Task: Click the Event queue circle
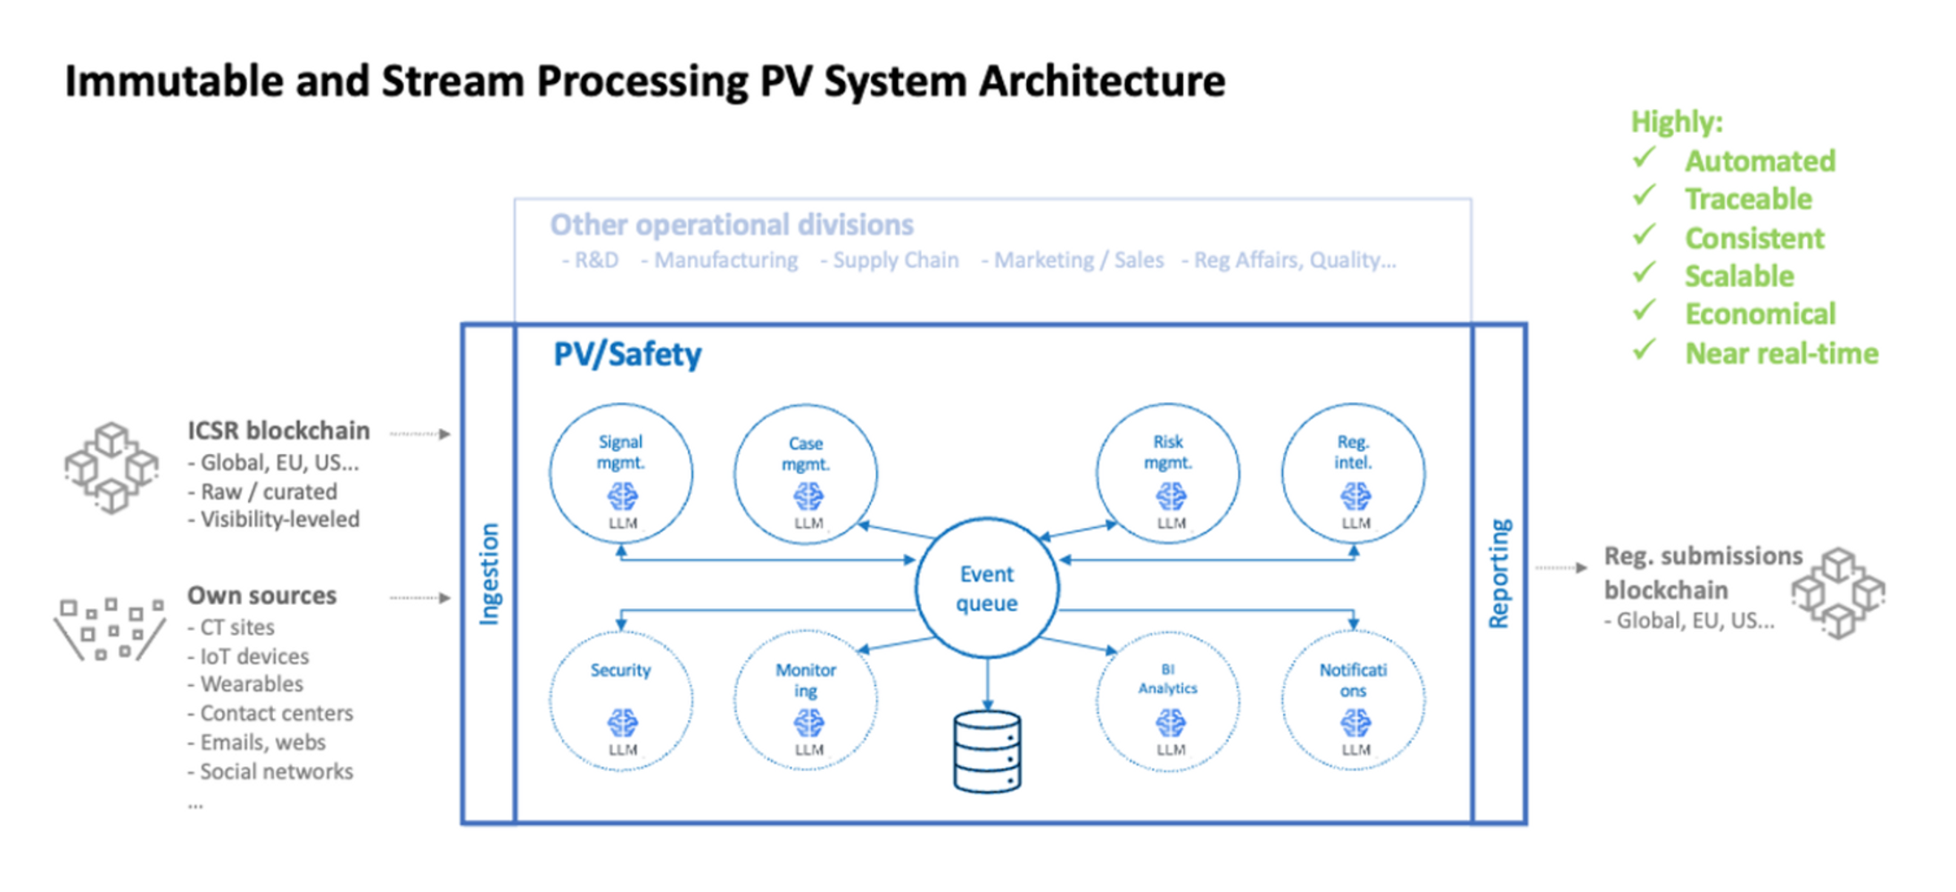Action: coord(987,588)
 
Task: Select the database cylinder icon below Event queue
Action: coord(987,751)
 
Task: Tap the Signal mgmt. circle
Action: coord(621,474)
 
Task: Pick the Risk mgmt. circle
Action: coord(1168,474)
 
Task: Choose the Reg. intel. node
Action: coord(1354,474)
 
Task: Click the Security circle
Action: coord(621,701)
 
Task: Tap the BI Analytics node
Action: coord(1168,701)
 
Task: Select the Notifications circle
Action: coord(1354,701)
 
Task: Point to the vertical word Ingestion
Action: coord(489,574)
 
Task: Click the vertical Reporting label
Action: coord(1499,574)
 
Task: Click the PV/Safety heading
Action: coord(627,355)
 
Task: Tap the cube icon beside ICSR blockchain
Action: coord(112,467)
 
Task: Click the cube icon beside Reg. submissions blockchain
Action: coord(1838,592)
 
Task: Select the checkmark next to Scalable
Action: coord(1644,273)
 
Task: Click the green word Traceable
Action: coord(1747,199)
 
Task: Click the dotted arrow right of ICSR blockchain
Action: coord(419,434)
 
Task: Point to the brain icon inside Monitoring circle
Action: coord(808,723)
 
